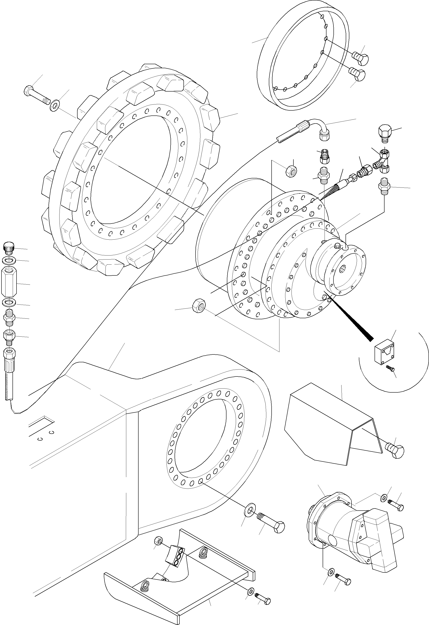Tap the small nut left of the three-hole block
pyautogui.click(x=158, y=539)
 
